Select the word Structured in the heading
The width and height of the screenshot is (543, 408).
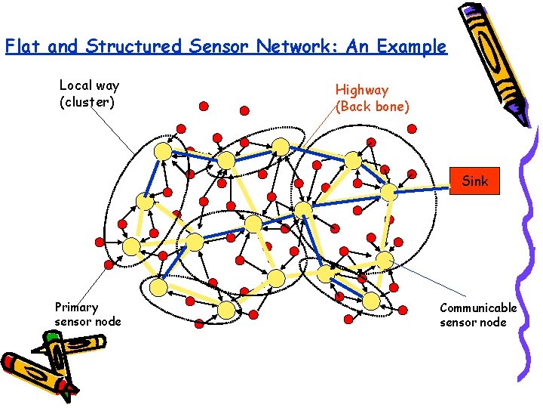click(x=133, y=47)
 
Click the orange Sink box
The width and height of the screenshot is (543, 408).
click(x=474, y=181)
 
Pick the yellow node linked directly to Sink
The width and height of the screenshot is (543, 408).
click(x=388, y=192)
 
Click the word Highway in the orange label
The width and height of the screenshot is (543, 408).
click(x=362, y=90)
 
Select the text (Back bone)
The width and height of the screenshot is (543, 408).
click(x=373, y=107)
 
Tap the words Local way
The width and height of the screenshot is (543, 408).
click(x=89, y=85)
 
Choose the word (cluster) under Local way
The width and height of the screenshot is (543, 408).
click(x=87, y=102)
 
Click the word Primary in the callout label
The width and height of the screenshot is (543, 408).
click(x=76, y=308)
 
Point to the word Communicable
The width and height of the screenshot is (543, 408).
click(x=478, y=308)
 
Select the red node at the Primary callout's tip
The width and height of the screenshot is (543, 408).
click(x=108, y=264)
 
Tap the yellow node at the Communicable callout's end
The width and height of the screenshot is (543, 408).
click(x=385, y=260)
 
